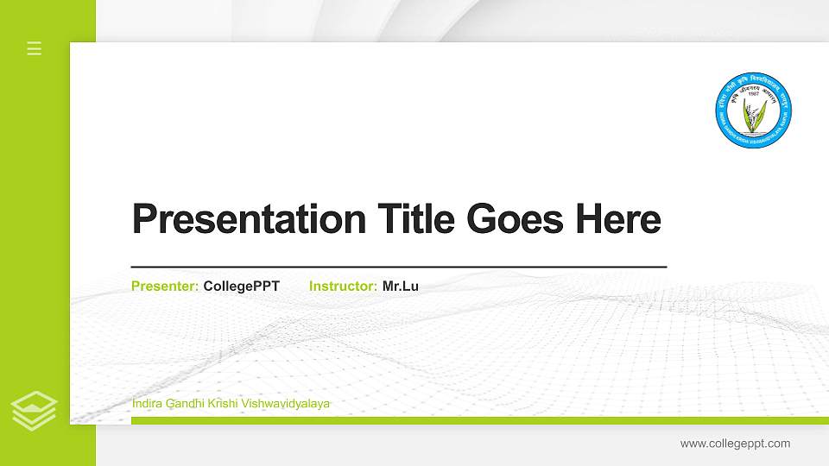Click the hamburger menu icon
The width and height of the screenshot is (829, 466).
click(x=35, y=48)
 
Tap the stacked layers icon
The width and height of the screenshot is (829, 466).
click(x=35, y=411)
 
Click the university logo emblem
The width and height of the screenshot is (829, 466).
click(x=754, y=110)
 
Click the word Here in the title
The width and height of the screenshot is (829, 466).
click(x=618, y=219)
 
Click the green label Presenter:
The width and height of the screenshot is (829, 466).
click(x=165, y=286)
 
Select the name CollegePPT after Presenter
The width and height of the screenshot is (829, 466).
click(x=242, y=286)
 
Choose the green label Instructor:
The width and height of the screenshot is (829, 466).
click(x=343, y=286)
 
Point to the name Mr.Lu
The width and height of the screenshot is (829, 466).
click(x=401, y=286)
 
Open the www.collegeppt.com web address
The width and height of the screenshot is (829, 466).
click(x=735, y=444)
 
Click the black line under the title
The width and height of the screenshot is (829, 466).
click(x=398, y=268)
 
